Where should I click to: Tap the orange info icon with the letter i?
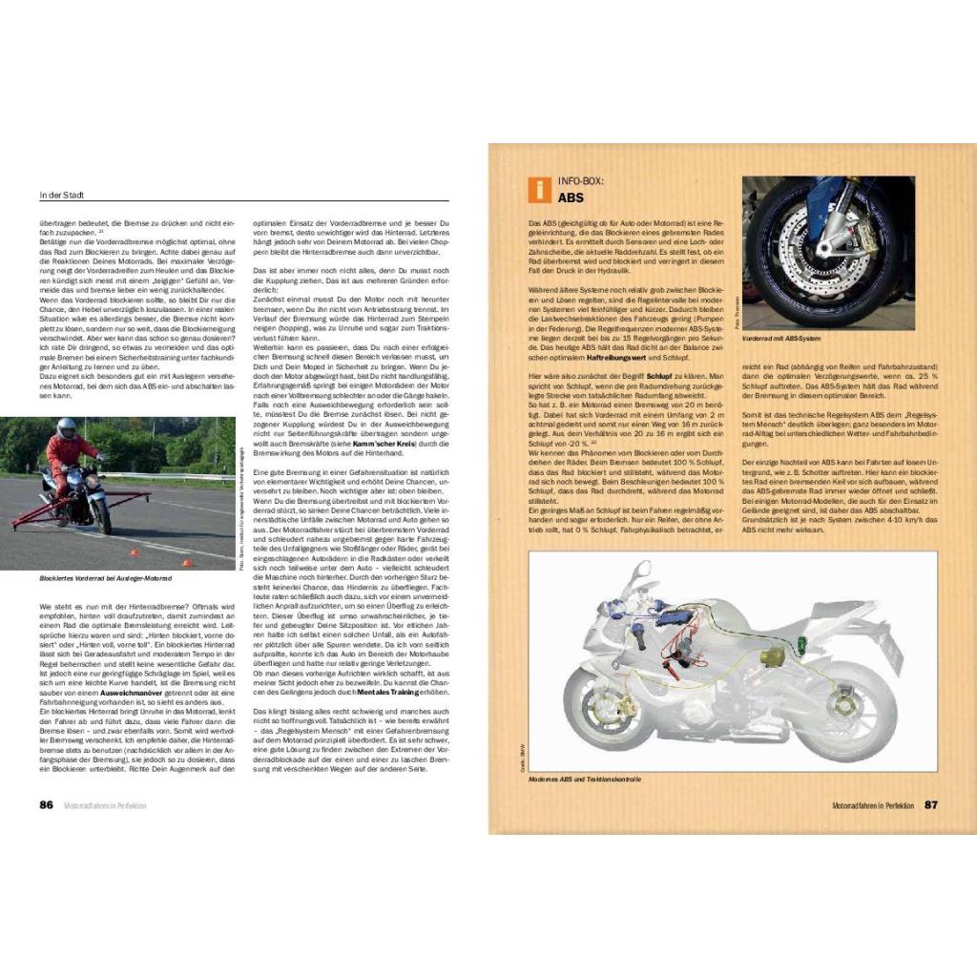click(538, 189)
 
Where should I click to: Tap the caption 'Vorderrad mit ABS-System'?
click(783, 338)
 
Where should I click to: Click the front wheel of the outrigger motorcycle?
click(102, 514)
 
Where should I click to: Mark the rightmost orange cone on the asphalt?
click(188, 564)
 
